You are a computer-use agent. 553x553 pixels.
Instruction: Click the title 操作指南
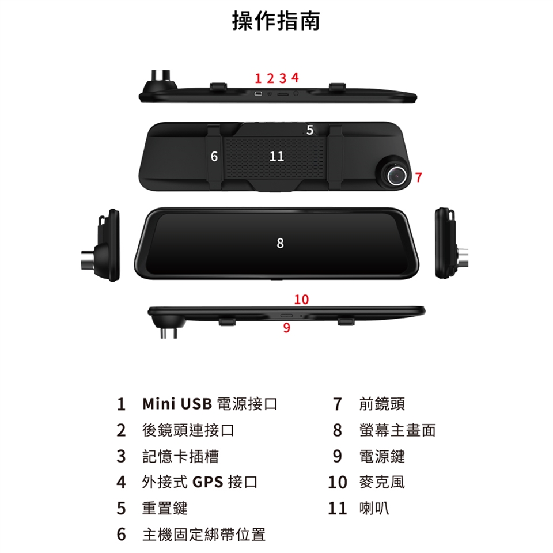pos(276,21)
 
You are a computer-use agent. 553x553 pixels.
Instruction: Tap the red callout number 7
pos(418,177)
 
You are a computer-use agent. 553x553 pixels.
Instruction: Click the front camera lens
pos(395,175)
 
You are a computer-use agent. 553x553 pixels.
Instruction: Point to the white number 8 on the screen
pos(280,243)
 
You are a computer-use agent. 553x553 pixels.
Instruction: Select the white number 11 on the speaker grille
pos(276,156)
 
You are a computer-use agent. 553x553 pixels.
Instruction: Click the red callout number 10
pos(301,300)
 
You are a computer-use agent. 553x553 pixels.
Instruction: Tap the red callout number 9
pos(287,328)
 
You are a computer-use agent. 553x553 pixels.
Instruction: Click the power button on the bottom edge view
pos(286,315)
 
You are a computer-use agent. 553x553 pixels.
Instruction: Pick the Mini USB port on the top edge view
pos(258,94)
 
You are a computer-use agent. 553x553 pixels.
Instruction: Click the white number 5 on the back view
pos(310,130)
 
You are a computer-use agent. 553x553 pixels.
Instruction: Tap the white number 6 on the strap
pos(214,156)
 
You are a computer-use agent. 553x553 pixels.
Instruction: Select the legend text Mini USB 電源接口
pos(210,404)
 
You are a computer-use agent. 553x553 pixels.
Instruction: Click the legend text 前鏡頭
pos(382,404)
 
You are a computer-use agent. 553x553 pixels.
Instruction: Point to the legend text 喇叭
pos(374,508)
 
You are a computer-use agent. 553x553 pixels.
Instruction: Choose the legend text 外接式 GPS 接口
pos(200,482)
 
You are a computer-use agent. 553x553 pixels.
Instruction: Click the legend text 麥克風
pos(382,482)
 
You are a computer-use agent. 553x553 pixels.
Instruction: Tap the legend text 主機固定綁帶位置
pos(204,535)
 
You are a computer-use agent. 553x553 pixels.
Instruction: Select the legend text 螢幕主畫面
pos(397,430)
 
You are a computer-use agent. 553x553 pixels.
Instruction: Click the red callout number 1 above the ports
pos(258,78)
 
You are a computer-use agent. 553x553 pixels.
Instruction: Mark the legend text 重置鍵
pos(165,508)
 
